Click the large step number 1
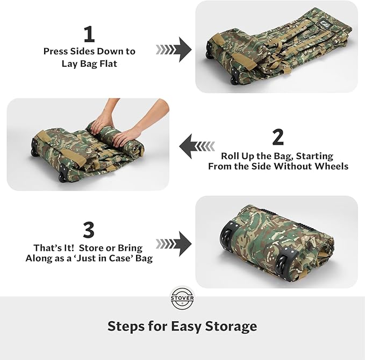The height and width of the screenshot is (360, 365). [89, 34]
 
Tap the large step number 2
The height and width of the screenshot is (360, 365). [278, 137]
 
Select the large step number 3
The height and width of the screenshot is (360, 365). [89, 230]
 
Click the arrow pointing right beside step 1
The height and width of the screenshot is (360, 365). [174, 50]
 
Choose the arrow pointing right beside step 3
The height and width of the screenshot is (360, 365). [174, 243]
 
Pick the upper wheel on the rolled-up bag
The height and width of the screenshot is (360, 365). [228, 235]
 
